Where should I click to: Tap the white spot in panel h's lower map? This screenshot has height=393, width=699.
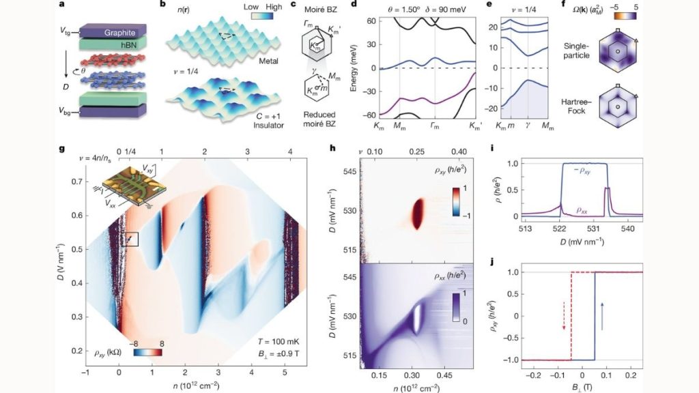(x=415, y=319)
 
